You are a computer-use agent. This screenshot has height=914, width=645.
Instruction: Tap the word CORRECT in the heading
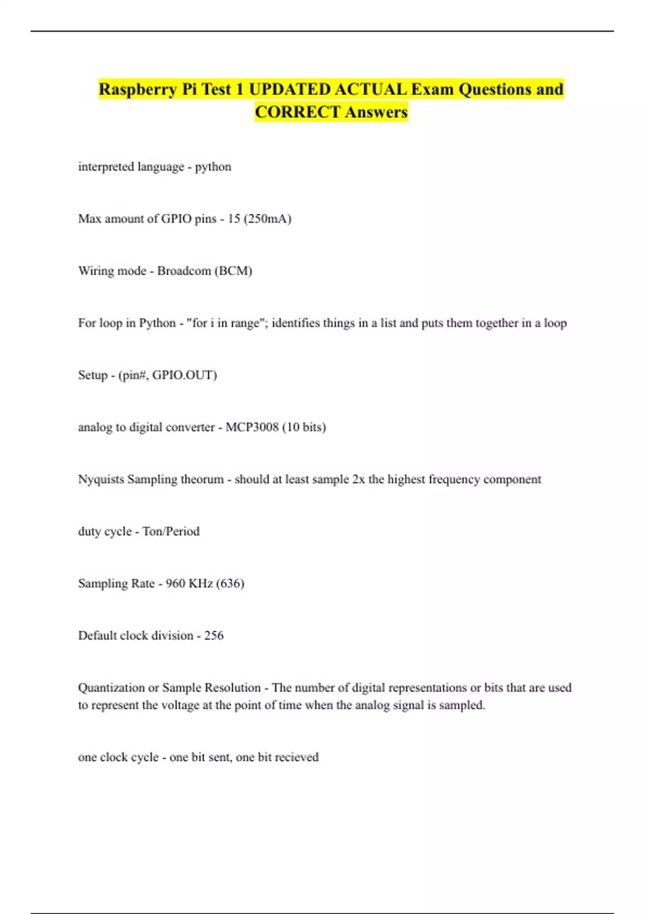[297, 112]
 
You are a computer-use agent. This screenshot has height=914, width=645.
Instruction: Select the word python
[213, 167]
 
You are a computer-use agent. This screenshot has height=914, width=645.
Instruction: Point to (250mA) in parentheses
[268, 219]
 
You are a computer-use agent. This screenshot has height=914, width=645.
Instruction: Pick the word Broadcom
[184, 271]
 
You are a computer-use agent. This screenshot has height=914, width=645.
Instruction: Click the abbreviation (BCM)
[233, 271]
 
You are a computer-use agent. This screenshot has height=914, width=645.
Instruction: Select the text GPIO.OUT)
[184, 375]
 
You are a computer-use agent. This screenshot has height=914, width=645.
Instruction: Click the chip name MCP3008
[252, 427]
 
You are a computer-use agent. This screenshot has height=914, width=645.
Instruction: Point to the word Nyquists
[101, 479]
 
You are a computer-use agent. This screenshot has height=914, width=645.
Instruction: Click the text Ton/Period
[171, 531]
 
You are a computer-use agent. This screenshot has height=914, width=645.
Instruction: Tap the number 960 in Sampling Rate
[175, 583]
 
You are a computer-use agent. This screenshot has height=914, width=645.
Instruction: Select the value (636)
[230, 583]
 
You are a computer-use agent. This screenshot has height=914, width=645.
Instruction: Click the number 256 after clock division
[214, 635]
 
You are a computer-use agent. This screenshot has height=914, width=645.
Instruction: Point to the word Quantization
[111, 688]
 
